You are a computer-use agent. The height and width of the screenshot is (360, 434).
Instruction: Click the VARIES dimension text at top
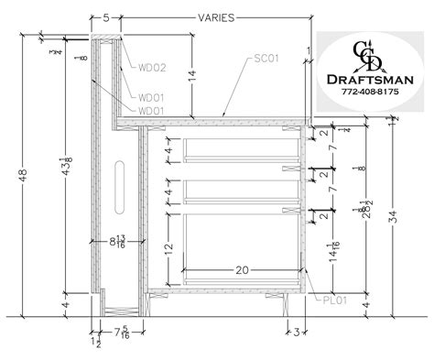(217, 16)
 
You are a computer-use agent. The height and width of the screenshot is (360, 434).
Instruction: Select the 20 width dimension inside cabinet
(241, 271)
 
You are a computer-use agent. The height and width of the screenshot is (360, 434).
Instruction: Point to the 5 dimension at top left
(106, 17)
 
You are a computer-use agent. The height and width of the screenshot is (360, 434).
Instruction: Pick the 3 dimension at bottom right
(298, 331)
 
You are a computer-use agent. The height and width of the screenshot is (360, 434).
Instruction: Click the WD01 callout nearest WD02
(151, 97)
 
